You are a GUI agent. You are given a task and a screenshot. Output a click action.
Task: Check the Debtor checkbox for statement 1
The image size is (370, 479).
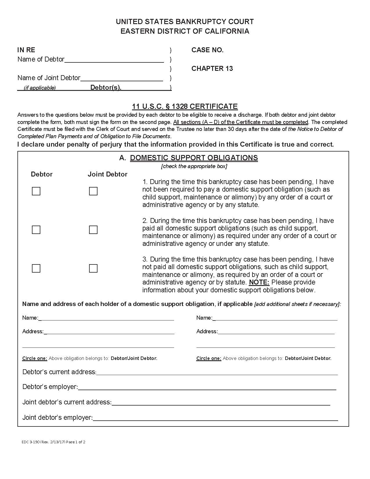36,191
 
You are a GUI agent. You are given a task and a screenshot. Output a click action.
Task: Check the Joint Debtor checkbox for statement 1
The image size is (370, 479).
93,191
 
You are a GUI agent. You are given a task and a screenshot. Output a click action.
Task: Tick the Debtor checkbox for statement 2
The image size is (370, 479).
36,230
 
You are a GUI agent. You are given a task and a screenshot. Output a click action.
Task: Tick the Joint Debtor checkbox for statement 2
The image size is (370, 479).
93,230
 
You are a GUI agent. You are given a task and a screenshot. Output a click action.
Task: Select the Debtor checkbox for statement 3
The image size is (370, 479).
36,269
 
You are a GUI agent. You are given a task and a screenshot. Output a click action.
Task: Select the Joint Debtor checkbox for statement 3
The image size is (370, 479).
93,269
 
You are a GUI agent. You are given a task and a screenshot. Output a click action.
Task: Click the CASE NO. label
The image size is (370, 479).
207,50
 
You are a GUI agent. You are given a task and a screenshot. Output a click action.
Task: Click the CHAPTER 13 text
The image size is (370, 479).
212,69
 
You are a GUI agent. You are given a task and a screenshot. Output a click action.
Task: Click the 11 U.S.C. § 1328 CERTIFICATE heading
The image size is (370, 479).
185,106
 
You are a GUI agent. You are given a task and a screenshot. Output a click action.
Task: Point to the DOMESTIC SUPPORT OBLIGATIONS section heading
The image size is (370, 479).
194,158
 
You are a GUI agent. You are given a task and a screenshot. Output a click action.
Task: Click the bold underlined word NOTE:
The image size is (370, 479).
259,282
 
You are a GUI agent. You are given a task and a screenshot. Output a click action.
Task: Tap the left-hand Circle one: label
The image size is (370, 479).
35,358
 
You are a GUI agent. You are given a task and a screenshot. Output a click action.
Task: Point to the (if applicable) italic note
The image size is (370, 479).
40,88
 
